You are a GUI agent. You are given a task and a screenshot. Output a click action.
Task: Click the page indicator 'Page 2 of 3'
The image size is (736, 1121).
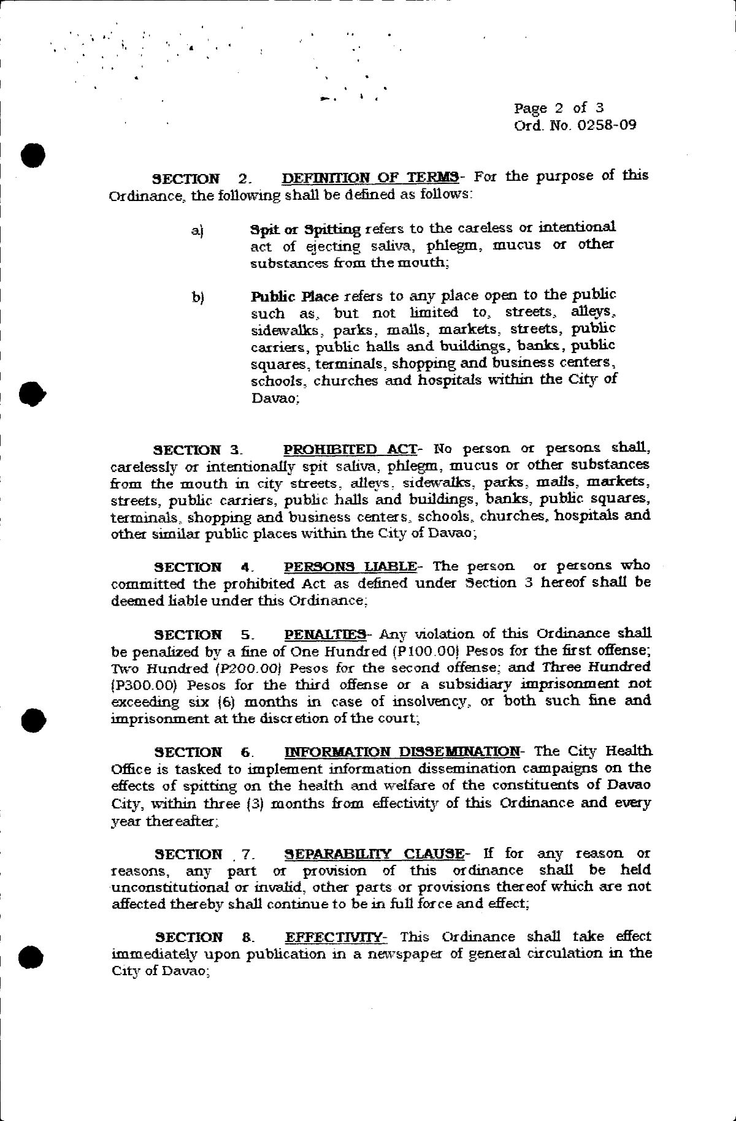[559, 108]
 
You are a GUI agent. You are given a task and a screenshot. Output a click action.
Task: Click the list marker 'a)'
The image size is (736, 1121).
[197, 231]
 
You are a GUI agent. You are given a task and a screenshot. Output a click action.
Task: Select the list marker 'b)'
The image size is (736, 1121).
[197, 298]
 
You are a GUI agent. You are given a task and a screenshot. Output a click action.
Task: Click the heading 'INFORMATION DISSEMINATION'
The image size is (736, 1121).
[402, 751]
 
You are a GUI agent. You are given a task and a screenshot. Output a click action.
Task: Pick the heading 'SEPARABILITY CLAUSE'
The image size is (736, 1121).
[374, 854]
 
